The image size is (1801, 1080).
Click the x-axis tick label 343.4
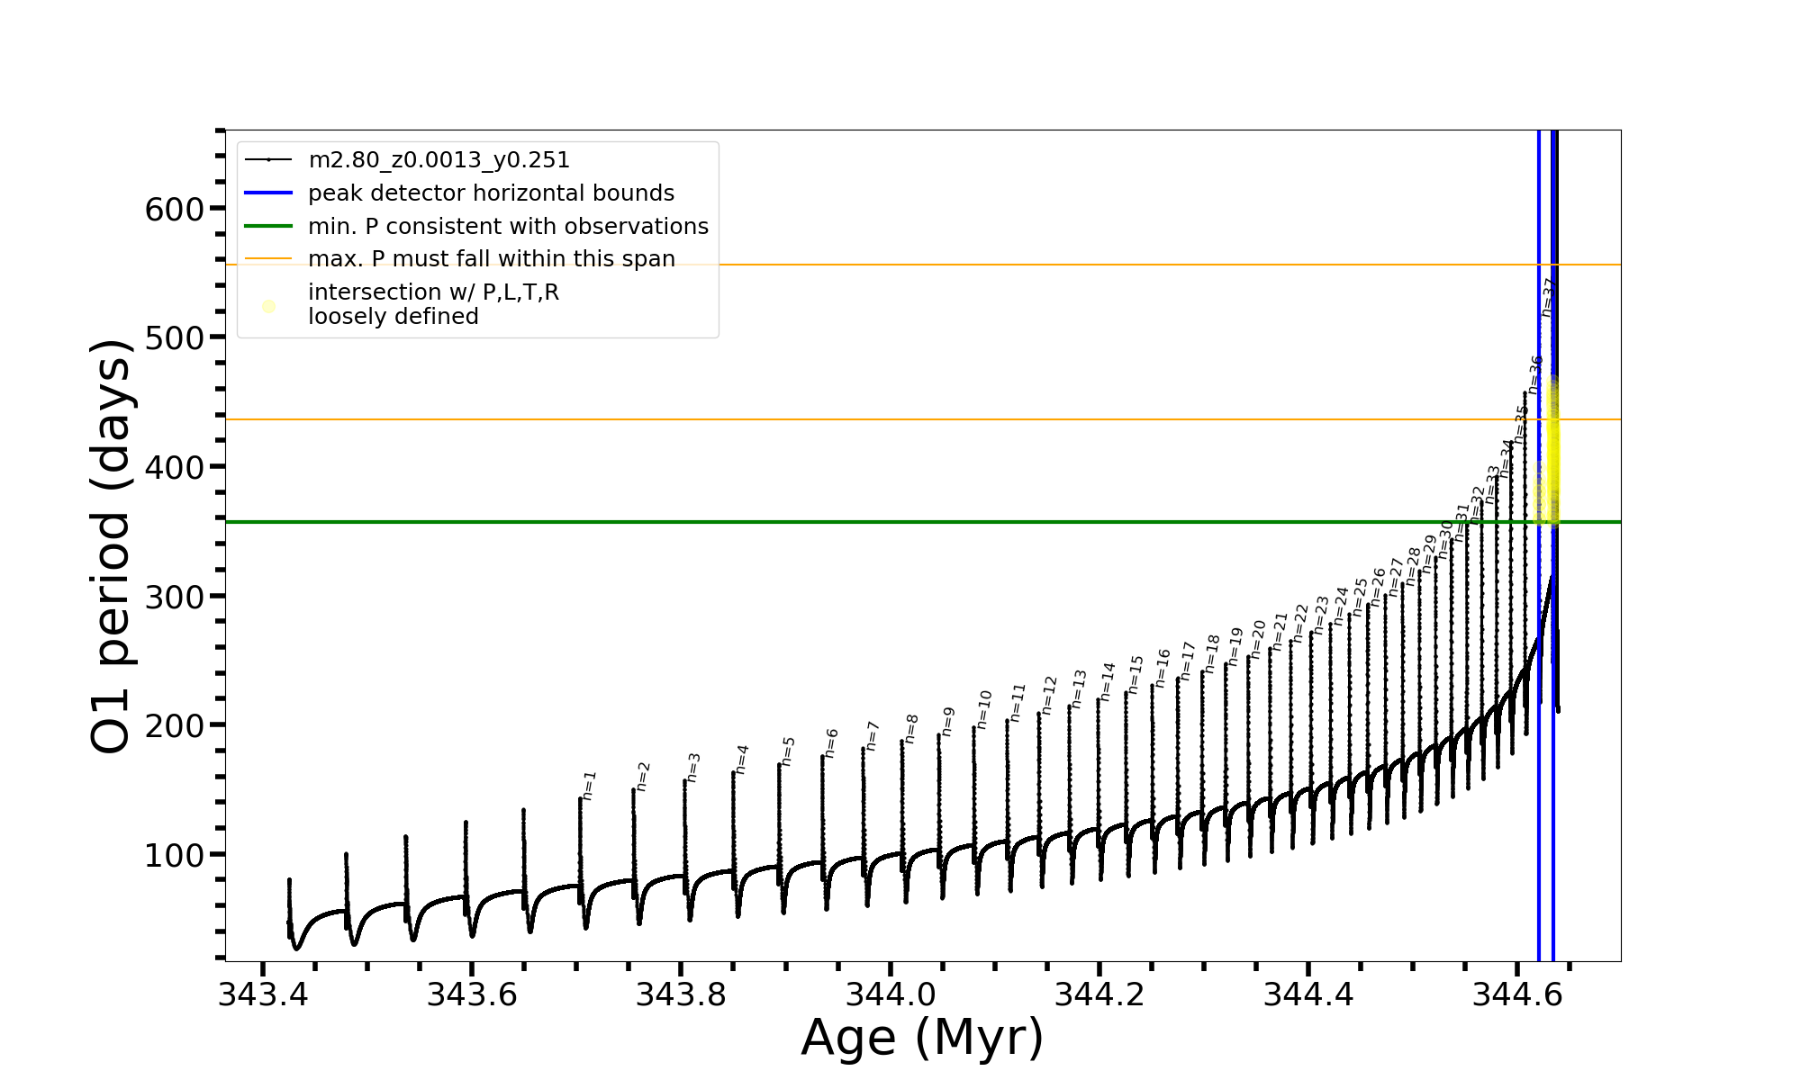click(x=263, y=994)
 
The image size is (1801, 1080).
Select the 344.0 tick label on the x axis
click(x=890, y=994)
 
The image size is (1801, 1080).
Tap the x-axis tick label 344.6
click(x=1516, y=994)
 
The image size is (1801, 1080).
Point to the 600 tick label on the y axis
click(x=175, y=210)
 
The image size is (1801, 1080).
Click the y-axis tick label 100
click(x=175, y=855)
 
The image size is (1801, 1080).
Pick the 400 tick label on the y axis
click(x=175, y=468)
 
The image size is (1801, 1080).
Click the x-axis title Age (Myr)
click(x=922, y=1038)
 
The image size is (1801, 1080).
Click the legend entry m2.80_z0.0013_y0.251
click(x=439, y=160)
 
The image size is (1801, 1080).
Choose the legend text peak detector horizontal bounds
click(x=491, y=193)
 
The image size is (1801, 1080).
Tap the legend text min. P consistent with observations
click(x=508, y=227)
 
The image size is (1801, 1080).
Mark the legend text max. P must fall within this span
click(x=491, y=259)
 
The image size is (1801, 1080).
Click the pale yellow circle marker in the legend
click(x=268, y=306)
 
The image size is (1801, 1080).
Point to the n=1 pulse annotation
click(x=589, y=785)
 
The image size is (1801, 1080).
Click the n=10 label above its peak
click(x=984, y=709)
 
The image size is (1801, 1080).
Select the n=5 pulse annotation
click(x=788, y=751)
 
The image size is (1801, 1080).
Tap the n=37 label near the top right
click(x=1548, y=297)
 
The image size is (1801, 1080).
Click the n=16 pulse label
click(x=1163, y=668)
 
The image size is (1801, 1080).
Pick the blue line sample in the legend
click(x=268, y=193)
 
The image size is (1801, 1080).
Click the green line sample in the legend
click(x=268, y=227)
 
